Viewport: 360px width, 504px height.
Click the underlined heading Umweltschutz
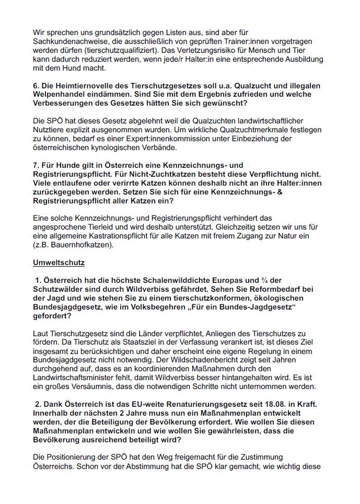click(x=59, y=262)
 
